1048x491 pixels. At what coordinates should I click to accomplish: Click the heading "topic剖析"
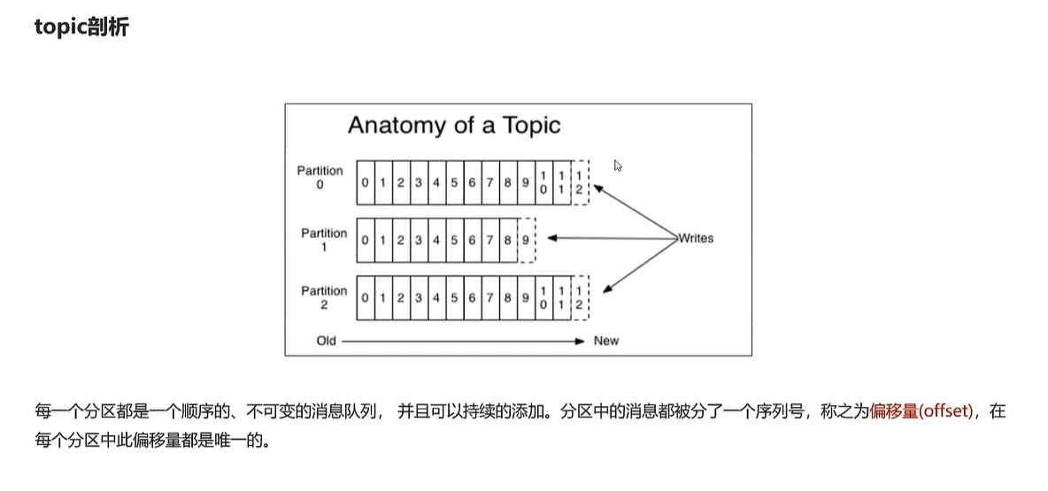point(82,27)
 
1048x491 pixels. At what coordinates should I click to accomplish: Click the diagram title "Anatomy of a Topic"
point(454,125)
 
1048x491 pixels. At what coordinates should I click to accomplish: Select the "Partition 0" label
point(320,178)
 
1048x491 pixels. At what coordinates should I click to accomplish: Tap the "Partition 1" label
point(324,240)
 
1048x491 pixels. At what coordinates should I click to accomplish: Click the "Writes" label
point(695,238)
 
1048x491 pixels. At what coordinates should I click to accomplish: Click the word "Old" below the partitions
point(327,341)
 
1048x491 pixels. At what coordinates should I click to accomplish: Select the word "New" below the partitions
point(606,341)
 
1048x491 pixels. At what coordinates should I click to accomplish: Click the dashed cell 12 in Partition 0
point(580,183)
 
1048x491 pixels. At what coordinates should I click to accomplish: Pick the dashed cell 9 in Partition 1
point(526,240)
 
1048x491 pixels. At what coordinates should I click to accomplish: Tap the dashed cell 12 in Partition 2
point(580,298)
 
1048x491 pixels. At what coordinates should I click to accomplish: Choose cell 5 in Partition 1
point(454,240)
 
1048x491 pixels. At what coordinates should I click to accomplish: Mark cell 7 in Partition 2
point(490,298)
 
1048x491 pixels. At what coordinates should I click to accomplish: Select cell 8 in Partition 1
point(508,240)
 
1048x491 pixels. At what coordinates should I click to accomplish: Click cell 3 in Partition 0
point(419,183)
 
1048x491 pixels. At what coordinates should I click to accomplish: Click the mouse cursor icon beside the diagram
point(618,165)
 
